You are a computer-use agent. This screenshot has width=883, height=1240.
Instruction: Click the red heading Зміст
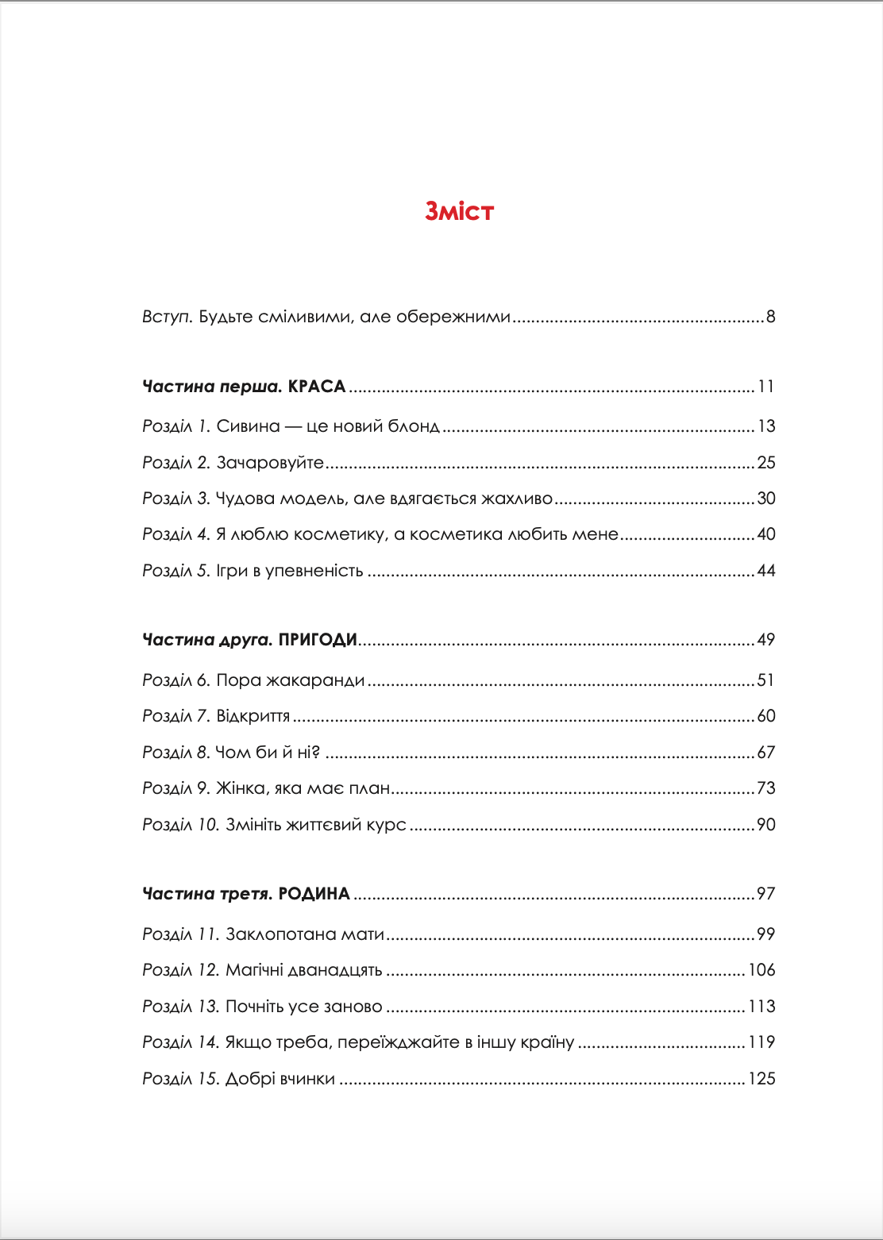coord(459,211)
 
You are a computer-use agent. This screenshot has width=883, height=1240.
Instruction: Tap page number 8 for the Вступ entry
coord(770,317)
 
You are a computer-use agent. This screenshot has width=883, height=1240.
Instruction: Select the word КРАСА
coord(317,387)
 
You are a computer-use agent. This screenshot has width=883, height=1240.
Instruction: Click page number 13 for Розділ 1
coord(765,426)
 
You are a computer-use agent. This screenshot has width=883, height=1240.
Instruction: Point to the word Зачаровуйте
coord(270,463)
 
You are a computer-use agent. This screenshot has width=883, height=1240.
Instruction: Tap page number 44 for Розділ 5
coord(765,571)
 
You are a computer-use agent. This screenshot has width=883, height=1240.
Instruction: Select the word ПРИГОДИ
coord(318,640)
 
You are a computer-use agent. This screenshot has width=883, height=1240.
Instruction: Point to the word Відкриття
coord(253,716)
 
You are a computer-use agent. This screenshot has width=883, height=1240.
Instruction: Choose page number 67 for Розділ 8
coord(765,753)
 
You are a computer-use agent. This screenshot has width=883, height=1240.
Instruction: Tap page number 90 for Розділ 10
coord(765,825)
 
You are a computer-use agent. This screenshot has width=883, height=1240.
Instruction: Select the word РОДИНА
coord(314,894)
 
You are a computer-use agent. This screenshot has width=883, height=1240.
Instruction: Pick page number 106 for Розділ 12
coord(762,970)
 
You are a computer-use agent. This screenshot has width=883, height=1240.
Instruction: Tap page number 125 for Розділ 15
coord(762,1079)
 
